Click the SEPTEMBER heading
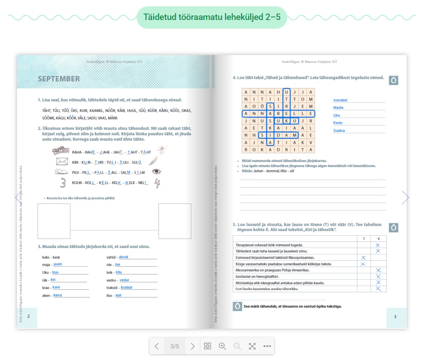click(x=59, y=79)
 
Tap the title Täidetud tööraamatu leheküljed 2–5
click(x=212, y=17)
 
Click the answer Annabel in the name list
click(x=340, y=100)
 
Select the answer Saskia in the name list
click(x=339, y=131)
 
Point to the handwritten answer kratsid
click(x=126, y=288)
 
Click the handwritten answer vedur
click(x=124, y=280)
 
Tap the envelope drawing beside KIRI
click(x=62, y=162)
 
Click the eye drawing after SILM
click(x=156, y=172)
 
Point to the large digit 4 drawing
click(x=157, y=183)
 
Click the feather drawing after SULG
click(x=153, y=161)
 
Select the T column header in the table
click(x=363, y=238)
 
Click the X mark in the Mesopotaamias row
click(x=363, y=258)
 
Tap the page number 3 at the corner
click(x=395, y=317)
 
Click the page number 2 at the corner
click(x=28, y=316)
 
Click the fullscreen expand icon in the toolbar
click(x=252, y=346)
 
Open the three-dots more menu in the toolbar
click(x=267, y=346)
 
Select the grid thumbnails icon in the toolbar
click(x=208, y=346)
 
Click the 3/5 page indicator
click(x=175, y=346)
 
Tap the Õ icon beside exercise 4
click(x=394, y=80)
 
